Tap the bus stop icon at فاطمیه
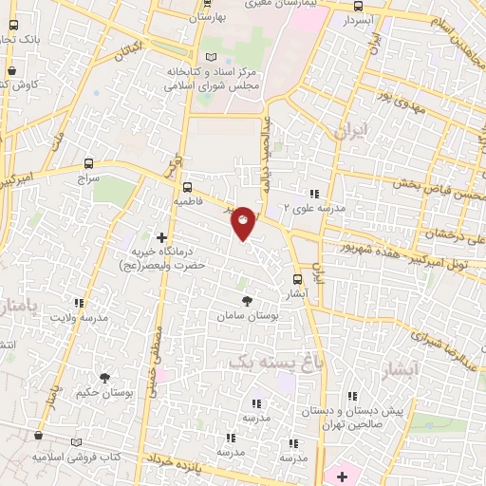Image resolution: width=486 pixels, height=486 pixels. coord(187,187)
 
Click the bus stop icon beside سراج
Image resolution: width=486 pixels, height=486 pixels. coord(89,162)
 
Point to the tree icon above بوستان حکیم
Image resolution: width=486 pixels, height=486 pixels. coord(103,377)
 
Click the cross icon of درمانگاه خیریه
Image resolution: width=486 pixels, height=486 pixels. coord(161,238)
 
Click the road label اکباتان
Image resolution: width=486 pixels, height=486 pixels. coord(132,50)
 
